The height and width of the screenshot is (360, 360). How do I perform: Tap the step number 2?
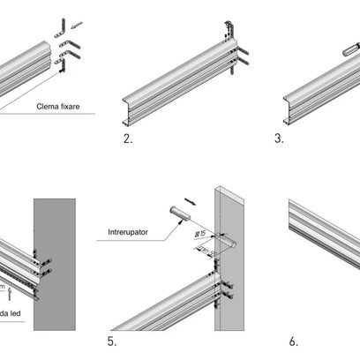pos(129,139)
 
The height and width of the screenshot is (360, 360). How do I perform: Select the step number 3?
pos(279,139)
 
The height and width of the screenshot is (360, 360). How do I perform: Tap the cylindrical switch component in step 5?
pos(179,213)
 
